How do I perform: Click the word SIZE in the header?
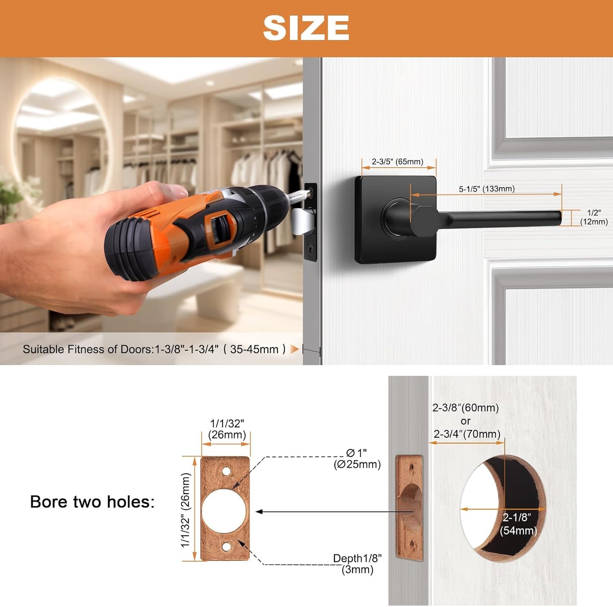pyautogui.click(x=306, y=28)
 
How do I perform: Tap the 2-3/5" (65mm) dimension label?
pyautogui.click(x=397, y=162)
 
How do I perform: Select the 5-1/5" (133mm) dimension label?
pyautogui.click(x=487, y=189)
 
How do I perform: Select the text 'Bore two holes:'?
pyautogui.click(x=92, y=502)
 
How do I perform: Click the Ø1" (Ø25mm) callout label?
pyautogui.click(x=357, y=459)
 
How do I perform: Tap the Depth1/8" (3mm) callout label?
pyautogui.click(x=357, y=564)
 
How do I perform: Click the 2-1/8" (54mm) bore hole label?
pyautogui.click(x=518, y=524)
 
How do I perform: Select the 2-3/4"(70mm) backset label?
pyautogui.click(x=467, y=434)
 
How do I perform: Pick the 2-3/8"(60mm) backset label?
pyautogui.click(x=465, y=408)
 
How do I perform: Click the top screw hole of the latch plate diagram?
pyautogui.click(x=226, y=471)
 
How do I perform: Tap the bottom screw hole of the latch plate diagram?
pyautogui.click(x=226, y=547)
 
